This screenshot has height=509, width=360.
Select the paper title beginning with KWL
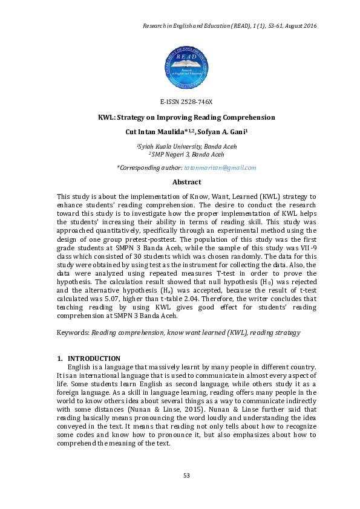(x=186, y=117)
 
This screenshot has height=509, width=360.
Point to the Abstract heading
(x=186, y=182)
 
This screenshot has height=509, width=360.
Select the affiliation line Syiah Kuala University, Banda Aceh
(x=187, y=146)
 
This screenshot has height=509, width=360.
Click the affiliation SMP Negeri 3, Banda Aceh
(x=187, y=155)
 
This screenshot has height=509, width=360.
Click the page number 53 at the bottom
(x=186, y=475)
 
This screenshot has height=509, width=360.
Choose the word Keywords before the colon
(x=72, y=332)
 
